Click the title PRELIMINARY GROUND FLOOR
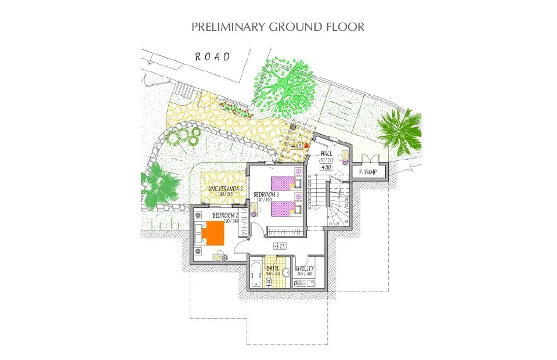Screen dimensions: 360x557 [278, 27]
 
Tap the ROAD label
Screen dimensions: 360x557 [212, 56]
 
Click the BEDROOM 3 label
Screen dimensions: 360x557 [266, 195]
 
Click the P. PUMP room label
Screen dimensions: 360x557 [369, 173]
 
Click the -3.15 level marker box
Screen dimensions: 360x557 [281, 246]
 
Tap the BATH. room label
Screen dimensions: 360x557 [273, 269]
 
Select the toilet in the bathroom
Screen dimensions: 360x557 [269, 283]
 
